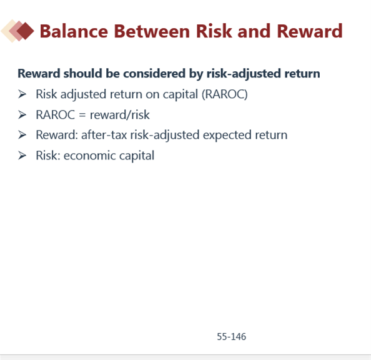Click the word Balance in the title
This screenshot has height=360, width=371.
tap(74, 31)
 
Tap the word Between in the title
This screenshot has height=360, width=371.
tap(152, 31)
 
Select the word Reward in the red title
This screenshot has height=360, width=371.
tap(310, 31)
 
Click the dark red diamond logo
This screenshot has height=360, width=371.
tap(25, 31)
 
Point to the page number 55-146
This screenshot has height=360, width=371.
tap(231, 336)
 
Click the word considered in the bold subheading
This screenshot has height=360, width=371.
tap(154, 73)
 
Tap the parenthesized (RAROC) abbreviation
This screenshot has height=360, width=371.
tap(225, 94)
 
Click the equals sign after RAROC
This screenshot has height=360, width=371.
tap(82, 115)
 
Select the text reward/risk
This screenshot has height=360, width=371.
tap(120, 115)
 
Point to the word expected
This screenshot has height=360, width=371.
tap(227, 136)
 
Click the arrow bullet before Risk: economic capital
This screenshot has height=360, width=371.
tap(22, 156)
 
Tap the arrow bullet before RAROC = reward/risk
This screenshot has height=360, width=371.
tap(22, 115)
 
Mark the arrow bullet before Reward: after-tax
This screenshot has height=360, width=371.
tap(22, 135)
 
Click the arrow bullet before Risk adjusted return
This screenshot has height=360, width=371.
tap(22, 94)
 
